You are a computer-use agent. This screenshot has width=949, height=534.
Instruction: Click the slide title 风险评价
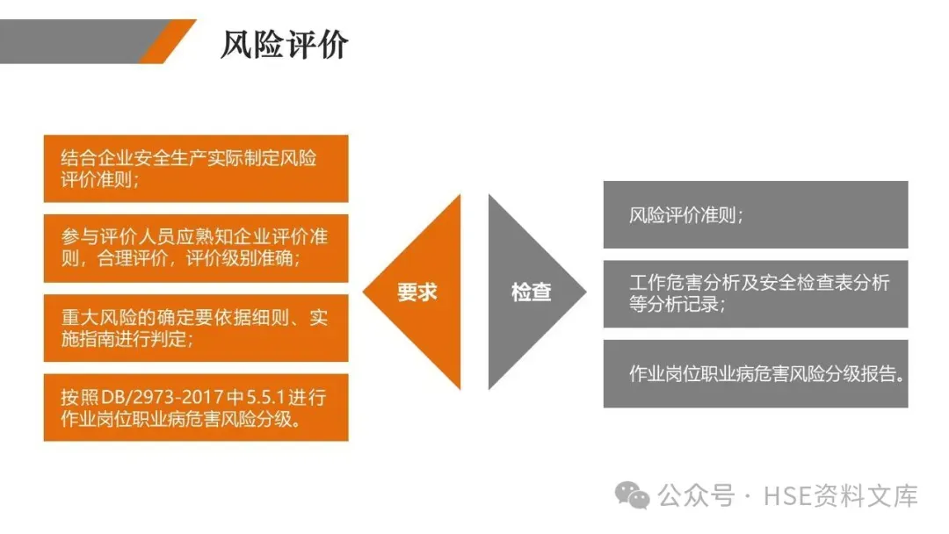tap(284, 44)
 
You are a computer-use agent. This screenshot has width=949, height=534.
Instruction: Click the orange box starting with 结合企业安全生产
tap(196, 169)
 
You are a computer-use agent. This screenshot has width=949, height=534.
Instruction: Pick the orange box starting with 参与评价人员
tap(196, 248)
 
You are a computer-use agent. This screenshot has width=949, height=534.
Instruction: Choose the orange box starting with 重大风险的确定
tap(196, 328)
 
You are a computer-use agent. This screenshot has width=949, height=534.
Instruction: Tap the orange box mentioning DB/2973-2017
tap(196, 408)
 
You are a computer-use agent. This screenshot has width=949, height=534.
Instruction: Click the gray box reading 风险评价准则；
tap(755, 215)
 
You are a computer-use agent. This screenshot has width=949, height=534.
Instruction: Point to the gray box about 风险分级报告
tap(755, 373)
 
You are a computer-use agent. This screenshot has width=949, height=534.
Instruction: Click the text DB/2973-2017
tap(146, 397)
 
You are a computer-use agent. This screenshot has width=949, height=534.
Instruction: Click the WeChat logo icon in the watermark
tap(633, 495)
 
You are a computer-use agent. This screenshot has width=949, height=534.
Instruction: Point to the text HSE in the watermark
tap(784, 496)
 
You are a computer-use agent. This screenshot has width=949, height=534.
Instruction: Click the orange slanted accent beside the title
tap(167, 41)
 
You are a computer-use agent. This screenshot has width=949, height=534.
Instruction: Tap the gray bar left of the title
tap(70, 41)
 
